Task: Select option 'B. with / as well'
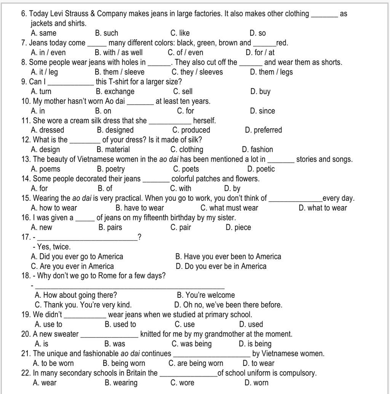tap(118, 52)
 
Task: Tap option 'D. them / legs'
tap(271, 72)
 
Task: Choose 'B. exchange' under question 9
tap(115, 91)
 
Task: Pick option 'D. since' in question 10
tap(262, 111)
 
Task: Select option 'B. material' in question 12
tap(113, 149)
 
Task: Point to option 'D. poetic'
tap(261, 169)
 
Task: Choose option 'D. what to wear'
tap(323, 208)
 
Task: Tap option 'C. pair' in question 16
tap(181, 227)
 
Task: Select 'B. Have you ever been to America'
tap(229, 256)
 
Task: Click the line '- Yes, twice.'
tap(54, 247)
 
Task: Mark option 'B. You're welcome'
tap(206, 295)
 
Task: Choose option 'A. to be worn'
tap(53, 363)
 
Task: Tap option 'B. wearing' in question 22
tap(121, 383)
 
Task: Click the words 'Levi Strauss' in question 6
tap(67, 14)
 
